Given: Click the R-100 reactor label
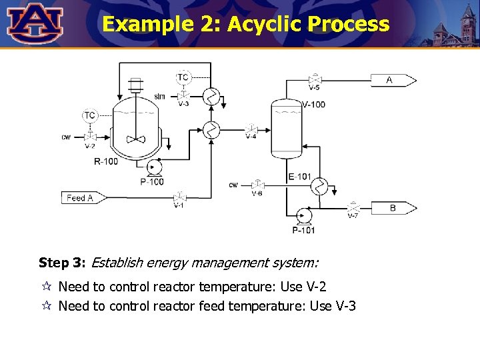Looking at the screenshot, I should pyautogui.click(x=106, y=162).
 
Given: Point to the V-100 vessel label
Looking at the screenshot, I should pyautogui.click(x=313, y=105).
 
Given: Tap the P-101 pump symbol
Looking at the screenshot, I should pyautogui.click(x=303, y=215).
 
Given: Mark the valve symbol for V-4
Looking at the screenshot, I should pyautogui.click(x=251, y=129).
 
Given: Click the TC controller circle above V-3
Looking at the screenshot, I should pyautogui.click(x=182, y=78).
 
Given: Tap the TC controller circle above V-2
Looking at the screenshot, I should pyautogui.click(x=89, y=116).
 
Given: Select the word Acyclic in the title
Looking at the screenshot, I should pyautogui.click(x=265, y=25).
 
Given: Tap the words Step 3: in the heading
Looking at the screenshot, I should pyautogui.click(x=62, y=263).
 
